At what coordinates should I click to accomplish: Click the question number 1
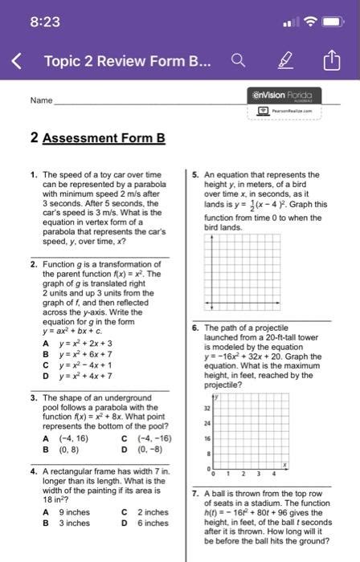click(32, 174)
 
